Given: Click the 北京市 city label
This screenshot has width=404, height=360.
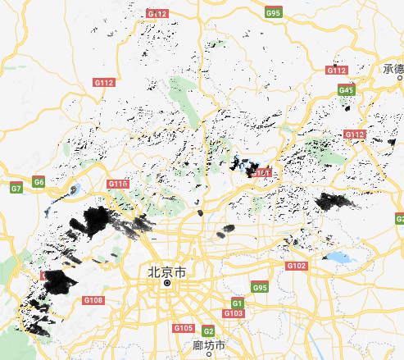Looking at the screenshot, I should click(x=166, y=270).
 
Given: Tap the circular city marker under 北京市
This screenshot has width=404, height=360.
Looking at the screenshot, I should click(x=167, y=283).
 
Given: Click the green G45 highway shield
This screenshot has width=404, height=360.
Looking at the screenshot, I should click(x=346, y=89).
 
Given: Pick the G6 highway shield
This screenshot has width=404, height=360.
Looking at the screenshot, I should click(x=39, y=180).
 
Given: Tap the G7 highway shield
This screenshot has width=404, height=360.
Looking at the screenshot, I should click(x=16, y=189).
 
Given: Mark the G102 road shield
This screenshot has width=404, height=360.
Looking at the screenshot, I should click(x=296, y=267).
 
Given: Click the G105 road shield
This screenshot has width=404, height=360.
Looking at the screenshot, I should click(x=183, y=328).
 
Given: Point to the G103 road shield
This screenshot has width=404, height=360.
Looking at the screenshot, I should click(x=233, y=313).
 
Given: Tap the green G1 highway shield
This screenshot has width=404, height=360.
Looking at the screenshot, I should click(x=238, y=302).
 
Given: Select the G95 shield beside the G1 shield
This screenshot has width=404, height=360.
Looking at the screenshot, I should click(x=260, y=288).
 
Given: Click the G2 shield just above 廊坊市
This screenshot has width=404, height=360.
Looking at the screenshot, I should click(x=208, y=331).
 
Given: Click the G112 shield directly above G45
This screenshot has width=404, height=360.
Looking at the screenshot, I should click(x=337, y=71).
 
